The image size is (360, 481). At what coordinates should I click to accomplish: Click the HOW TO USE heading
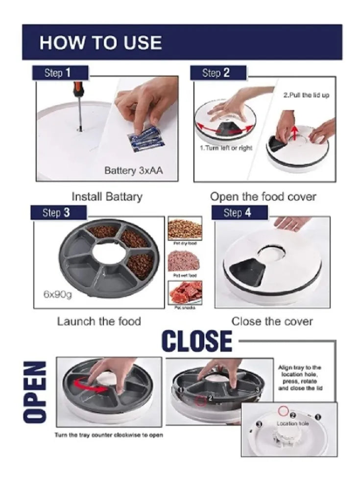pyautogui.click(x=100, y=43)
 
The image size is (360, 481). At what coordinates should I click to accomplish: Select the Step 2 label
pyautogui.click(x=216, y=73)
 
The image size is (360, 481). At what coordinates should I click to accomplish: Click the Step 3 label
pyautogui.click(x=58, y=213)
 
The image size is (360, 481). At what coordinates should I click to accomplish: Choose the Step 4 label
pyautogui.click(x=239, y=213)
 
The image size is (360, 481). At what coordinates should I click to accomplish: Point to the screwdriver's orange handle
pyautogui.click(x=78, y=90)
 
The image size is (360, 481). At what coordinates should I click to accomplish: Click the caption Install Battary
pyautogui.click(x=107, y=197)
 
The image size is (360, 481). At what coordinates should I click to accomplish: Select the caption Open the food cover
pyautogui.click(x=263, y=197)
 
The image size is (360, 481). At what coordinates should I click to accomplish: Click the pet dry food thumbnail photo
pyautogui.click(x=185, y=229)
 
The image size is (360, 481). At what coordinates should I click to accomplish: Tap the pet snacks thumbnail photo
pyautogui.click(x=185, y=292)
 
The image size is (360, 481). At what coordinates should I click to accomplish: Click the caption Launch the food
pyautogui.click(x=99, y=321)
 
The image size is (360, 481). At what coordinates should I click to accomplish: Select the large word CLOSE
pyautogui.click(x=197, y=341)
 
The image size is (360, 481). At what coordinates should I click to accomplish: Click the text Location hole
pyautogui.click(x=293, y=423)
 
